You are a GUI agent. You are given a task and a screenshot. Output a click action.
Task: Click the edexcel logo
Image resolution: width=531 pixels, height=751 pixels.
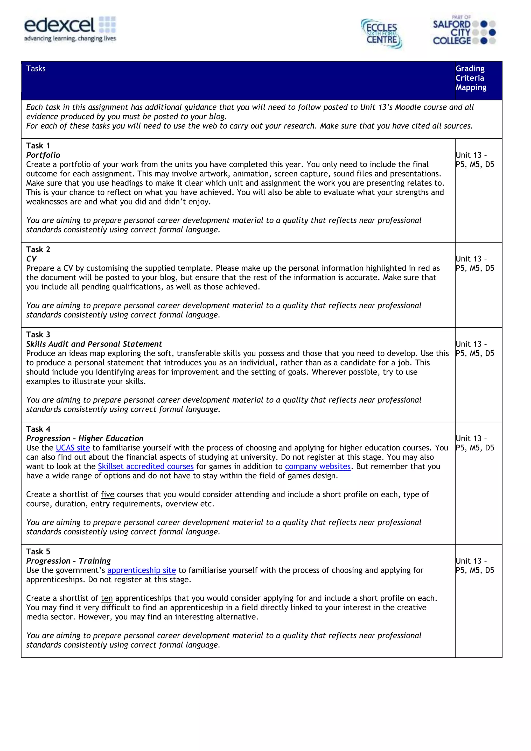[x=70, y=29]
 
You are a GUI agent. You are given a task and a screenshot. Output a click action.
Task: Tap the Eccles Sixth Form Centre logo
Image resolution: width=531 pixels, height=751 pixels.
[x=381, y=34]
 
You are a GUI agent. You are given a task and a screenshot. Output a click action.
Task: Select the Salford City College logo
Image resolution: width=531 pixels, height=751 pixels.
[x=464, y=30]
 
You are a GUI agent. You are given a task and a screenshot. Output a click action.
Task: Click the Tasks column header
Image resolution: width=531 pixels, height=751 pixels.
[x=36, y=69]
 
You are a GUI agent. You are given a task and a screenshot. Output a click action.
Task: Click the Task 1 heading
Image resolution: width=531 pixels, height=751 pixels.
[x=38, y=146]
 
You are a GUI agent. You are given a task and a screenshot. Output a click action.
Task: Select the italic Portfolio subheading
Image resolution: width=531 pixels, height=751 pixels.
[x=43, y=155]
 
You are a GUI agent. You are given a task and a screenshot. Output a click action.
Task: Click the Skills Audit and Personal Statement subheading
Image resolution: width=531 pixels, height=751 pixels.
[x=94, y=344]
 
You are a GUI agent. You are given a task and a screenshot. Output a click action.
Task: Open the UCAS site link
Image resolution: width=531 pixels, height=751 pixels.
[x=73, y=448]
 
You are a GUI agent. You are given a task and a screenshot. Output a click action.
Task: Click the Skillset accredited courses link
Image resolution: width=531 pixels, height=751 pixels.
[x=146, y=466]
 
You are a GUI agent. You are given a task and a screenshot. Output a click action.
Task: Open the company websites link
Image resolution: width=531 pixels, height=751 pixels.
[x=318, y=466]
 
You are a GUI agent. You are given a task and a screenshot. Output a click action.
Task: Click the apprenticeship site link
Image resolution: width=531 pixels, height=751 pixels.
[x=141, y=570]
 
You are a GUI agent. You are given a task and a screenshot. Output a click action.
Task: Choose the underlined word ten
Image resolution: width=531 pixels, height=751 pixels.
[x=107, y=598]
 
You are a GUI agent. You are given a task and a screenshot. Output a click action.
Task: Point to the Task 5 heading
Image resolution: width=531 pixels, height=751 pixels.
[x=38, y=551]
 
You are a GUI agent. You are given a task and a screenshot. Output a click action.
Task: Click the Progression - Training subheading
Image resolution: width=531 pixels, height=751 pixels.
[x=68, y=561]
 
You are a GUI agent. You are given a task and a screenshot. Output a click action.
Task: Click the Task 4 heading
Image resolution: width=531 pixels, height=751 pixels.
[x=38, y=429]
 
